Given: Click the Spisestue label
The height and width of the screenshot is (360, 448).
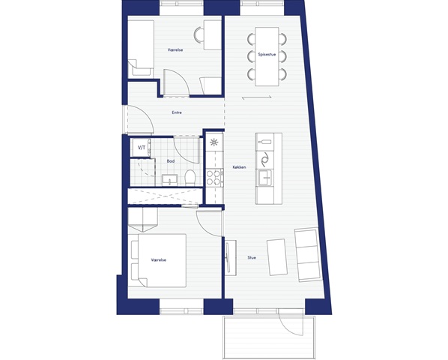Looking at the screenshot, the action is (267, 54).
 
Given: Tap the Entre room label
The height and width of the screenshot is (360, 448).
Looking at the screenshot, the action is (177, 112).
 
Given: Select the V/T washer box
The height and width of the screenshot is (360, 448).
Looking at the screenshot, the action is (141, 148).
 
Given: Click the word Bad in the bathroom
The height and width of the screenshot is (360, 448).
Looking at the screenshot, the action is (171, 161).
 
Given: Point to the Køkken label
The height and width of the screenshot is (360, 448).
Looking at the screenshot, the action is (239, 167).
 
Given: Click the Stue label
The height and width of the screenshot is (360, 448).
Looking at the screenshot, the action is (252, 258).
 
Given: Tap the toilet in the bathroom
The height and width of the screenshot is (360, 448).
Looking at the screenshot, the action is (190, 177).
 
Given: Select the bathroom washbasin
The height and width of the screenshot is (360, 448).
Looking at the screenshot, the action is (170, 180).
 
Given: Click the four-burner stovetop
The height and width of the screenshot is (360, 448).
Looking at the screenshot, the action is (214, 178).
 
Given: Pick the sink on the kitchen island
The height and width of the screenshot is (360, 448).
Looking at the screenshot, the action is (265, 177).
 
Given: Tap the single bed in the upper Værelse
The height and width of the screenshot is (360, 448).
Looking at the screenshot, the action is (141, 48).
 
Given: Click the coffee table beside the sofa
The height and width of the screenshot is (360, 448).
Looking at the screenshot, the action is (277, 257).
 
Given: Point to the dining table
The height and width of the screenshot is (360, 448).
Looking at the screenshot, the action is (267, 56).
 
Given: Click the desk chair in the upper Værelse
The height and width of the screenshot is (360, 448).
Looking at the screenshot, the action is (199, 35).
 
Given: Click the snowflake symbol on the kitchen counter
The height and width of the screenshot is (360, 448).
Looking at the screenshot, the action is (214, 142).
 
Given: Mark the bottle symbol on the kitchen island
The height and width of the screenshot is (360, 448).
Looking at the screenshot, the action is (265, 142).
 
